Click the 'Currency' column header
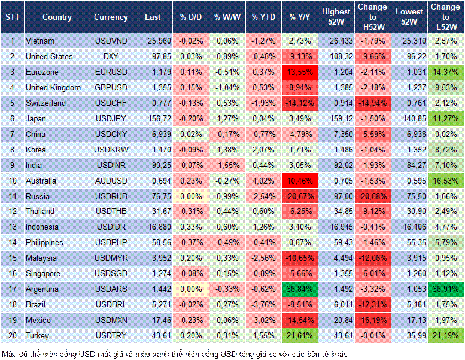point(111,17)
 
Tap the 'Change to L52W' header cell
point(445,17)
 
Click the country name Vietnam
point(41,41)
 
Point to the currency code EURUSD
point(111,72)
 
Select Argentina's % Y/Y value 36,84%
point(301,289)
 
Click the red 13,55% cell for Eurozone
point(301,72)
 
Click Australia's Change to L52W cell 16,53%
point(445,181)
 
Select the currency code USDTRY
point(111,335)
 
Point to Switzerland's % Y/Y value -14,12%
point(301,103)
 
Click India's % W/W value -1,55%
point(226,165)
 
